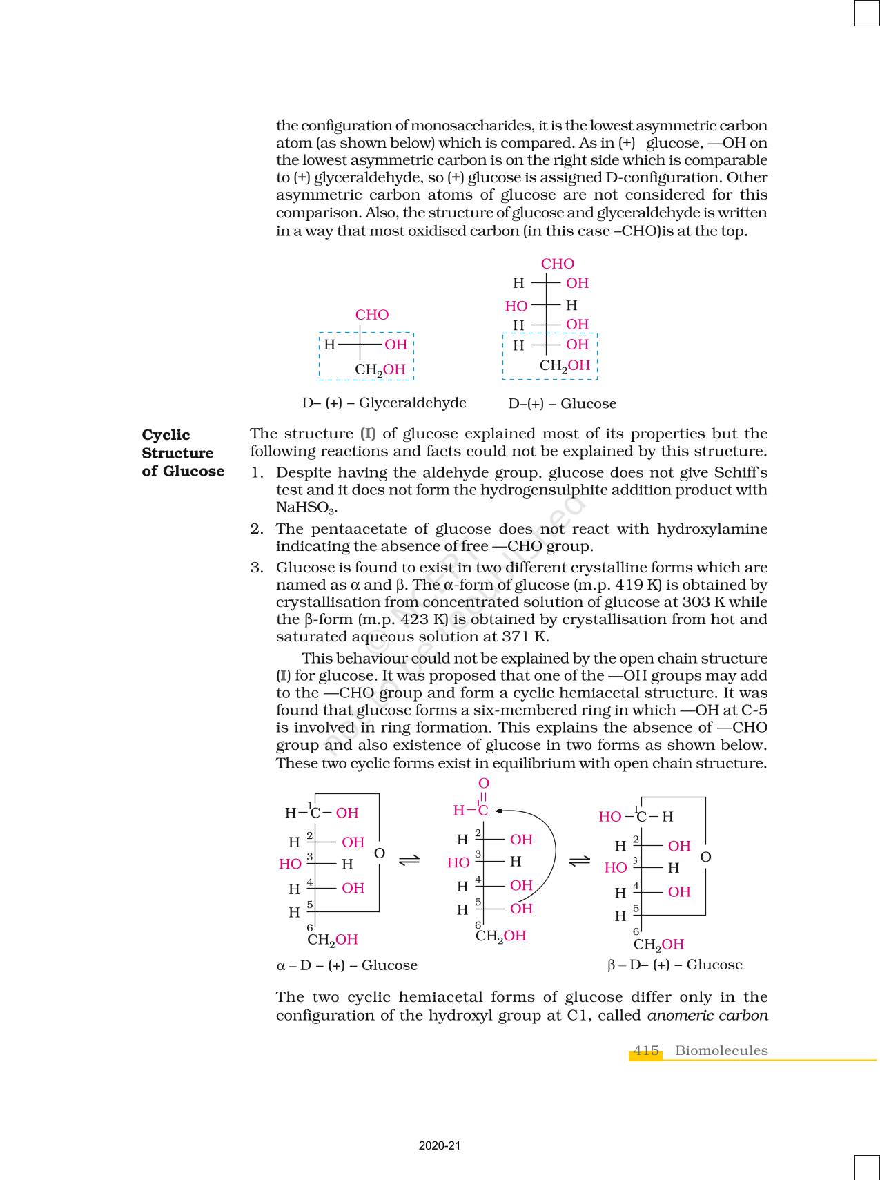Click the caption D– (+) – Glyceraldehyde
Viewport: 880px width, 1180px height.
tap(384, 403)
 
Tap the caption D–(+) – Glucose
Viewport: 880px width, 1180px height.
tap(562, 404)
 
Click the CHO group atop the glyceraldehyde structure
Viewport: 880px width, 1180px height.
tap(372, 315)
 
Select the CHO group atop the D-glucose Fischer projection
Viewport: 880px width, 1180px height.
tap(558, 264)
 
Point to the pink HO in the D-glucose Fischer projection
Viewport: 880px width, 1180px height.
tap(516, 306)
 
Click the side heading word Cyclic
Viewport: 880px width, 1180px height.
tap(166, 435)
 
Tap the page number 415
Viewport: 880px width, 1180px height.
tap(645, 1051)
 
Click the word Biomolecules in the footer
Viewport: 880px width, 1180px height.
tap(721, 1051)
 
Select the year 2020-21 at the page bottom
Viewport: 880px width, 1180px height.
tap(440, 1146)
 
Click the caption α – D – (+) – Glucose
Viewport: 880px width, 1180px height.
tap(347, 965)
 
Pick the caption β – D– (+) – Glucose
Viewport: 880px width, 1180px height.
tap(674, 965)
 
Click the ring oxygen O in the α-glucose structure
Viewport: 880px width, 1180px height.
tap(379, 854)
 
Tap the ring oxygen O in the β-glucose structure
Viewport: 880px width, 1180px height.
tap(705, 858)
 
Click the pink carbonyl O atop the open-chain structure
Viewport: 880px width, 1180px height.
tap(484, 784)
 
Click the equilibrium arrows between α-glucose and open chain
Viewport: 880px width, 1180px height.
tap(409, 860)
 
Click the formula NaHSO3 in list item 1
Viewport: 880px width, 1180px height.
tap(306, 507)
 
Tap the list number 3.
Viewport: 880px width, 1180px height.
tap(257, 568)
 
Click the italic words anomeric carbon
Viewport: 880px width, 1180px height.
tap(707, 1016)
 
